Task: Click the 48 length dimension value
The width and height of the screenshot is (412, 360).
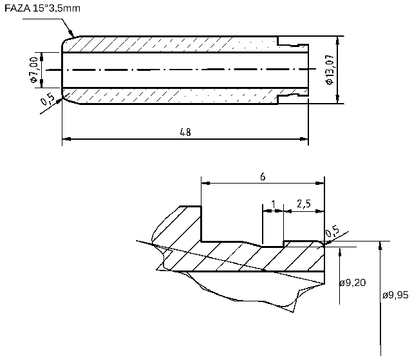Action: click(x=185, y=132)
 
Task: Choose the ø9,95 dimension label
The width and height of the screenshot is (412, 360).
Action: click(x=395, y=295)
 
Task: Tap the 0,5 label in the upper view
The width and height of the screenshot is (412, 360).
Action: click(x=47, y=100)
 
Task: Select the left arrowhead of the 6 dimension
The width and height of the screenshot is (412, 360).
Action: click(x=204, y=182)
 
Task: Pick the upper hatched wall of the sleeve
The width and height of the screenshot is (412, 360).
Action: click(x=174, y=44)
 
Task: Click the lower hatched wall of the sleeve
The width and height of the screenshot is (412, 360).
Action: click(x=174, y=96)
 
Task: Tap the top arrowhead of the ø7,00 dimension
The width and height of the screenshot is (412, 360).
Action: click(x=42, y=55)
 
